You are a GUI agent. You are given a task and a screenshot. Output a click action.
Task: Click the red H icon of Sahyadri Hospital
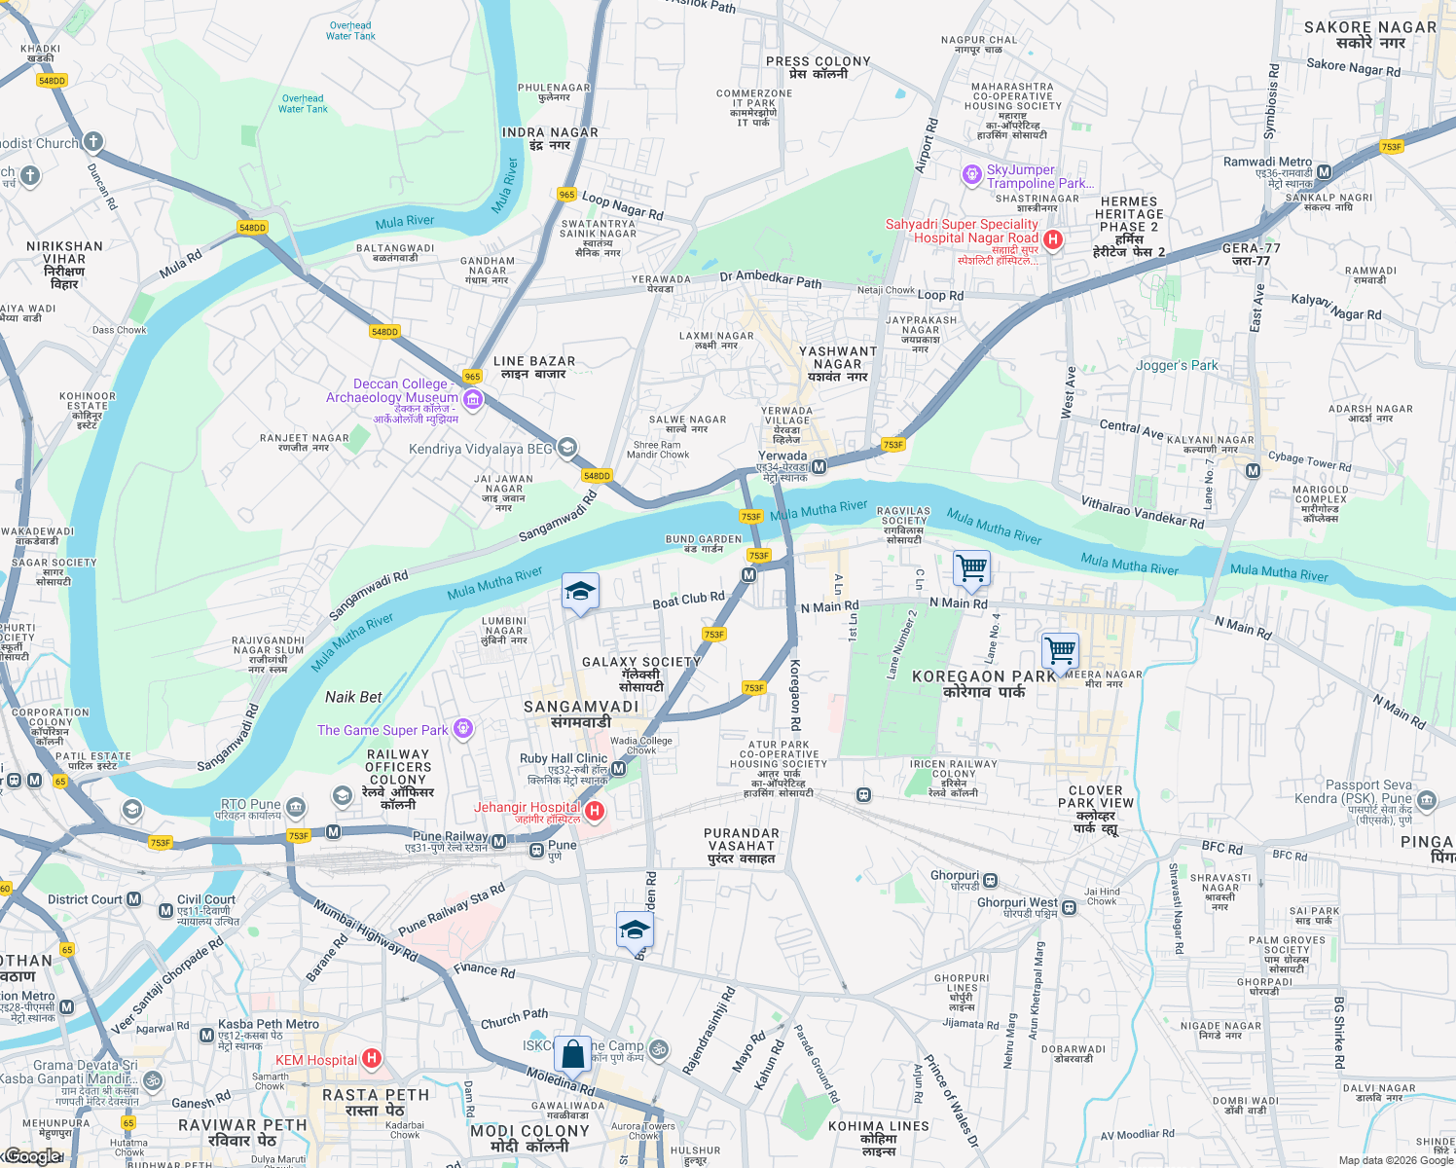(x=1052, y=239)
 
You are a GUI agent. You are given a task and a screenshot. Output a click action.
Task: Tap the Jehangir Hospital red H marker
(x=594, y=811)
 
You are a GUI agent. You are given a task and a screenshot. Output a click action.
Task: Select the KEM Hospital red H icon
(x=371, y=1058)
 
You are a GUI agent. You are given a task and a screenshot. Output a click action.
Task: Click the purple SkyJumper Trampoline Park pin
(x=971, y=175)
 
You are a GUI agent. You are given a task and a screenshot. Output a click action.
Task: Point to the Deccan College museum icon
(x=473, y=399)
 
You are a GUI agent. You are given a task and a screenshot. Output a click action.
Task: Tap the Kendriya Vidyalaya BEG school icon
(x=566, y=448)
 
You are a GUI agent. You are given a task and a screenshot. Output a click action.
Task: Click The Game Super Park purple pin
(x=463, y=728)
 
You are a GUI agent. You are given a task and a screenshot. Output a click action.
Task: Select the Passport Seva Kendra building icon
(x=1427, y=801)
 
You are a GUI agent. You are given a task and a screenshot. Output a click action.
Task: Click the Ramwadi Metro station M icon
(x=1324, y=173)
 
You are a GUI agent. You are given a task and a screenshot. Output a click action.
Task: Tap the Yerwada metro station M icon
(x=819, y=467)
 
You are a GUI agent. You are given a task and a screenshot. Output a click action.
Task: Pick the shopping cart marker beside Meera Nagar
(x=1060, y=649)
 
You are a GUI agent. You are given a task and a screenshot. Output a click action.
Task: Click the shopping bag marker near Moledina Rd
(x=573, y=1054)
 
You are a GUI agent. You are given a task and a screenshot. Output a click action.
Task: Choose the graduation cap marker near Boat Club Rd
(x=580, y=592)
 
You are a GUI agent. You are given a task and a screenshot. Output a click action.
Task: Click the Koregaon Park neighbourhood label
(x=983, y=683)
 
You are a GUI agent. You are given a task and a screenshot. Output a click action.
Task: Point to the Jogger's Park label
(x=1177, y=366)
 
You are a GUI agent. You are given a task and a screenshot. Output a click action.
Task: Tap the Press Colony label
(x=818, y=67)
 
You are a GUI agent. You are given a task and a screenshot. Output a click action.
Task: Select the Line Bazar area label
(x=534, y=367)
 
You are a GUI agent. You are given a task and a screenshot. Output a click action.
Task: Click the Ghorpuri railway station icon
(x=990, y=881)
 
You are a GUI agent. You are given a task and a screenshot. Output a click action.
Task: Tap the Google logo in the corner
(x=31, y=1156)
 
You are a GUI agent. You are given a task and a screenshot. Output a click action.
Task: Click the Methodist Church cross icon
(x=92, y=142)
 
